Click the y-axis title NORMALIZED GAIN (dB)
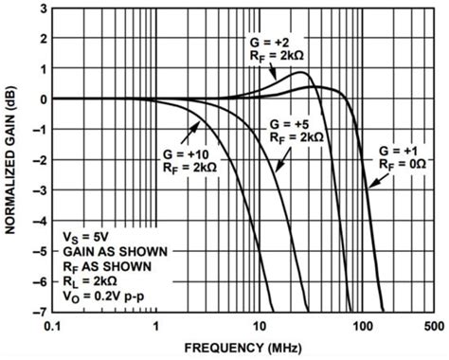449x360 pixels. click(x=12, y=156)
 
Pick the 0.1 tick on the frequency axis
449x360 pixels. click(x=53, y=324)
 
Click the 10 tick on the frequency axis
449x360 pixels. click(x=259, y=324)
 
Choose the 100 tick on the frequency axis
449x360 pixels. click(x=361, y=324)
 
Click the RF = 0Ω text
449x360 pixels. click(x=401, y=165)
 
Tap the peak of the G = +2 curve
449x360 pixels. click(x=301, y=73)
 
